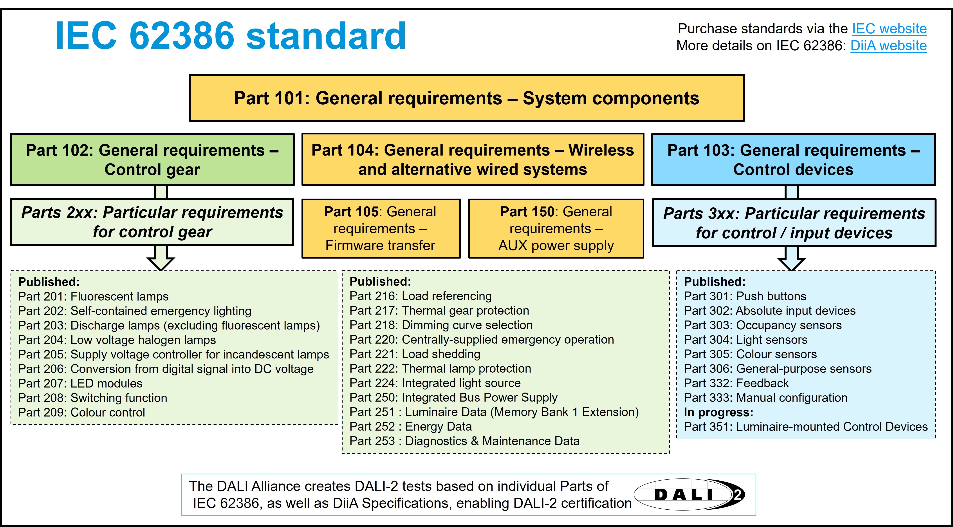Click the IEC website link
pyautogui.click(x=889, y=29)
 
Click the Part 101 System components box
pyautogui.click(x=467, y=98)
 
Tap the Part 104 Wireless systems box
pyautogui.click(x=473, y=159)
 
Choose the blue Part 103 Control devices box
pyautogui.click(x=794, y=159)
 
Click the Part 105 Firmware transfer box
pyautogui.click(x=381, y=228)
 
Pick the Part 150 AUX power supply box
pyautogui.click(x=556, y=228)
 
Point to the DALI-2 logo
pyautogui.click(x=689, y=494)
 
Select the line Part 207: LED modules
pyautogui.click(x=80, y=383)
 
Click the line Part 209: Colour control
pyautogui.click(x=81, y=412)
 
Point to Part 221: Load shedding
pyautogui.click(x=415, y=354)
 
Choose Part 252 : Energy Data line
pyautogui.click(x=411, y=427)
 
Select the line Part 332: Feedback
pyautogui.click(x=736, y=383)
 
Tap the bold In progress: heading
pyautogui.click(x=718, y=412)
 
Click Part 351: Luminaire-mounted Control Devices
pyautogui.click(x=806, y=427)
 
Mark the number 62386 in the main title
pyautogui.click(x=182, y=36)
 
